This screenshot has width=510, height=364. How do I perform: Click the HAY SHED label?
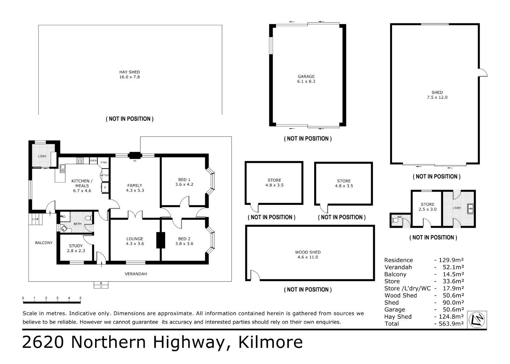point(129,72)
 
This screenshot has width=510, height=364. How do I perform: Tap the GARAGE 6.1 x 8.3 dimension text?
point(306,82)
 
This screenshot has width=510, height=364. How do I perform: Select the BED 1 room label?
point(184,180)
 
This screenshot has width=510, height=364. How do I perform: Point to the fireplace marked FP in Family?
point(135,155)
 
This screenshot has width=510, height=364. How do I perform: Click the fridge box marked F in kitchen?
point(105,188)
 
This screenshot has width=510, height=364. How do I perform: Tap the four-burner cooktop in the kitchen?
point(80,160)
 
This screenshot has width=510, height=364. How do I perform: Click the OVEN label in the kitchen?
point(93,160)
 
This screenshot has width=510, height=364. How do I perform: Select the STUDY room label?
point(76,246)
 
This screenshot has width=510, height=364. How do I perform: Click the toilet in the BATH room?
point(88,218)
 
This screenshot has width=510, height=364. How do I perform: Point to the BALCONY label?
point(44,243)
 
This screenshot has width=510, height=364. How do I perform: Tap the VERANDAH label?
point(136,274)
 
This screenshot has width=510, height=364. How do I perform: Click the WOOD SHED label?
point(308,252)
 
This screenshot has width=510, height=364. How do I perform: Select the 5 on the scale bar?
point(80,298)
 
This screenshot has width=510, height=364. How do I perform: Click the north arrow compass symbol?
point(477,320)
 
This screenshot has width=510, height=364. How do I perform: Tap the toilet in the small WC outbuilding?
point(395,220)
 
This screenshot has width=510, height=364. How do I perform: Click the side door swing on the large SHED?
point(483,72)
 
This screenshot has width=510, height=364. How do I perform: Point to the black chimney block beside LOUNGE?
point(160,240)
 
